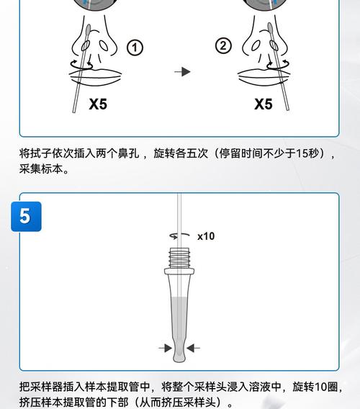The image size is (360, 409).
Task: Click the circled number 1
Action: point(135,48)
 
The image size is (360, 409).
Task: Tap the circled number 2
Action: point(223,46)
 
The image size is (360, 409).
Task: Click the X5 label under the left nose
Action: point(98,104)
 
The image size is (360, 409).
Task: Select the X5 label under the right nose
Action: point(264,104)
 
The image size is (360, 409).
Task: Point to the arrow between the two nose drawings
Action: point(182,72)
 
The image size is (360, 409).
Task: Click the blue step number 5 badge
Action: point(26,217)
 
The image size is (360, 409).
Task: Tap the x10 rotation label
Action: point(206,236)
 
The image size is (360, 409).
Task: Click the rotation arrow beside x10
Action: point(179,235)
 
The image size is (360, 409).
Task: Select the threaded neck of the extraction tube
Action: point(179,259)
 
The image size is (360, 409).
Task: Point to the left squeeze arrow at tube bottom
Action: point(165,348)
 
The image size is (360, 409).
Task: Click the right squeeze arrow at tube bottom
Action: point(193,348)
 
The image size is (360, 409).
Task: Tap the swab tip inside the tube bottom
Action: point(179,351)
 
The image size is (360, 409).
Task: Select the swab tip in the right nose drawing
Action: point(271,30)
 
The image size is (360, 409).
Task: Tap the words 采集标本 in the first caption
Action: point(41,169)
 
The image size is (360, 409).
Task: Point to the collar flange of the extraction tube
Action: point(179,271)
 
